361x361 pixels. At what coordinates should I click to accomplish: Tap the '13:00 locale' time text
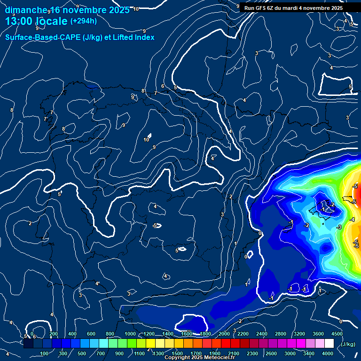point(36,21)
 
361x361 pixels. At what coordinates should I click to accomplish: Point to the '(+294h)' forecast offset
point(83,21)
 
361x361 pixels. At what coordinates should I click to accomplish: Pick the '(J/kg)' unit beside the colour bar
point(348,344)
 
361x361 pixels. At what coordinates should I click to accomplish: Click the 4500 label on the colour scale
point(337,334)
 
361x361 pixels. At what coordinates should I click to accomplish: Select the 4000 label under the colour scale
point(328,353)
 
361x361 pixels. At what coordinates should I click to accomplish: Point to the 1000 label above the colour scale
point(130,334)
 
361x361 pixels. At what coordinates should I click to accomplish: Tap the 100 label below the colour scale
point(45,353)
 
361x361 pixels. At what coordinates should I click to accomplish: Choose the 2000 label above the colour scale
point(225,334)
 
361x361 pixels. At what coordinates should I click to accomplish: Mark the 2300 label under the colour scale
point(252,353)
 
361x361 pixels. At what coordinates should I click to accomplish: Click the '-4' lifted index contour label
point(352,220)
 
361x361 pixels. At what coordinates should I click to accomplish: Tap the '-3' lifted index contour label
point(339,227)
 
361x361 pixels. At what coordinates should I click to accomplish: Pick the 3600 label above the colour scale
point(318,334)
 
